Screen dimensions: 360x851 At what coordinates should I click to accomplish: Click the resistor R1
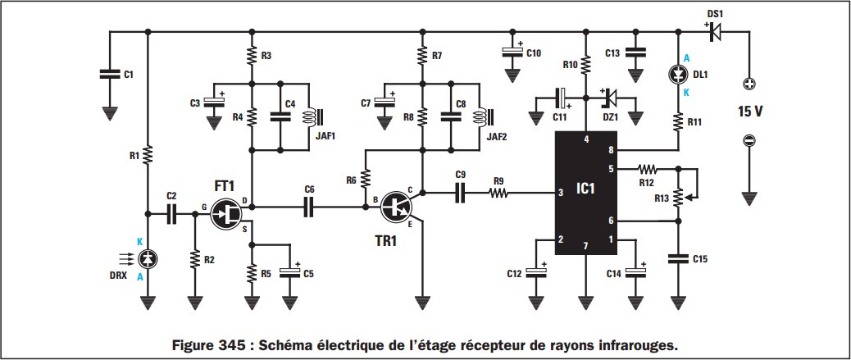pos(148,154)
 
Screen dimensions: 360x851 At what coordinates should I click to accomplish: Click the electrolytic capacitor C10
pos(512,52)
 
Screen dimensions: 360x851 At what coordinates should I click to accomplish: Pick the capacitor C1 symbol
pos(107,75)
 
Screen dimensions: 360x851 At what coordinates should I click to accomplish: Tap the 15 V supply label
pos(748,112)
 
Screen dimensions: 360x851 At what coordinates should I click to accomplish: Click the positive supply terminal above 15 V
pos(748,84)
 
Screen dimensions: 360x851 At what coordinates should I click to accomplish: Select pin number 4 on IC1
pos(585,139)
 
